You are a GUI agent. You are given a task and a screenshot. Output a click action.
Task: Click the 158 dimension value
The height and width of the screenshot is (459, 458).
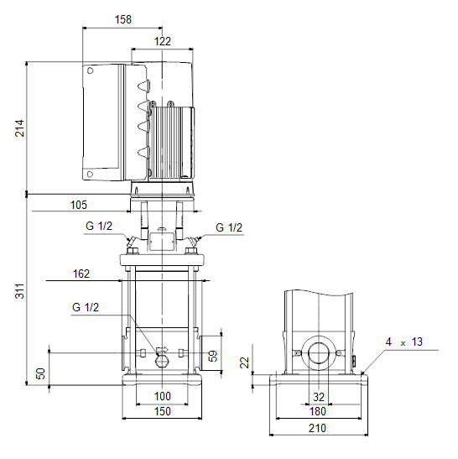(123, 19)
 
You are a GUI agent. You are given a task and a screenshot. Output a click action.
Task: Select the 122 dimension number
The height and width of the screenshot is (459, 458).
(163, 41)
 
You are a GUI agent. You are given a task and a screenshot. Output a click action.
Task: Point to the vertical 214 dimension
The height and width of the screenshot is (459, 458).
(19, 128)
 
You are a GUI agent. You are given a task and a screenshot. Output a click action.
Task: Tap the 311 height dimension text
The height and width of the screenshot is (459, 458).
(19, 291)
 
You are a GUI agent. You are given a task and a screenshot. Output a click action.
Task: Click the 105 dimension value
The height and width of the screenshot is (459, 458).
(79, 205)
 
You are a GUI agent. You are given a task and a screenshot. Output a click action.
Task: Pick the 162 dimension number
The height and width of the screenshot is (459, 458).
(81, 274)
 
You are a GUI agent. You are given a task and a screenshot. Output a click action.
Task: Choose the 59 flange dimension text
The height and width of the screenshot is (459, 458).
(213, 356)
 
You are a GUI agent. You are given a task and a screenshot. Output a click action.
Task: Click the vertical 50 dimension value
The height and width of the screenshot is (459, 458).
(40, 373)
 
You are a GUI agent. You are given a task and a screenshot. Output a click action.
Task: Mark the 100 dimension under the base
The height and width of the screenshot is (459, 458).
(163, 396)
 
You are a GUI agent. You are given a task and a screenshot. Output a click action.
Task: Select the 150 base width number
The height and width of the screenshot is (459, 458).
(163, 411)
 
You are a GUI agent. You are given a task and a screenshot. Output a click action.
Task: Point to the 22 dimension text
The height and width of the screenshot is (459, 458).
(244, 363)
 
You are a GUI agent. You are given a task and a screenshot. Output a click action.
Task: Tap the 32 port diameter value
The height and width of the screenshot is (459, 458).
(319, 397)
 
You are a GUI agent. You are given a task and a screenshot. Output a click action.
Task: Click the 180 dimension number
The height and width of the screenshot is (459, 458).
(318, 411)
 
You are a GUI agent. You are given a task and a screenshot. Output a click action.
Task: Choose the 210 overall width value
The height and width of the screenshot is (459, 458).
(318, 428)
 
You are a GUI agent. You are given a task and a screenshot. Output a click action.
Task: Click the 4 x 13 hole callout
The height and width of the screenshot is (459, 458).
(404, 342)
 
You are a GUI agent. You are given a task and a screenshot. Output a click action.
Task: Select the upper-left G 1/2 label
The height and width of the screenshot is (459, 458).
(99, 226)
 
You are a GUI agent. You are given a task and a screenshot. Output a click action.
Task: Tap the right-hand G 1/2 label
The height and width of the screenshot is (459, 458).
(229, 227)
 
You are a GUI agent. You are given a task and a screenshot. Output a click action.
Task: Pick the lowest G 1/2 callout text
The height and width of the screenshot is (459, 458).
(86, 307)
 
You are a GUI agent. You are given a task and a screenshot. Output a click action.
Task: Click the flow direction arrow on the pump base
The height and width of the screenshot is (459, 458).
(163, 349)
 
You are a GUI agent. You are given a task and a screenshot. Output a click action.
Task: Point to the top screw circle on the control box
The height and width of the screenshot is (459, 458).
(90, 70)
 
